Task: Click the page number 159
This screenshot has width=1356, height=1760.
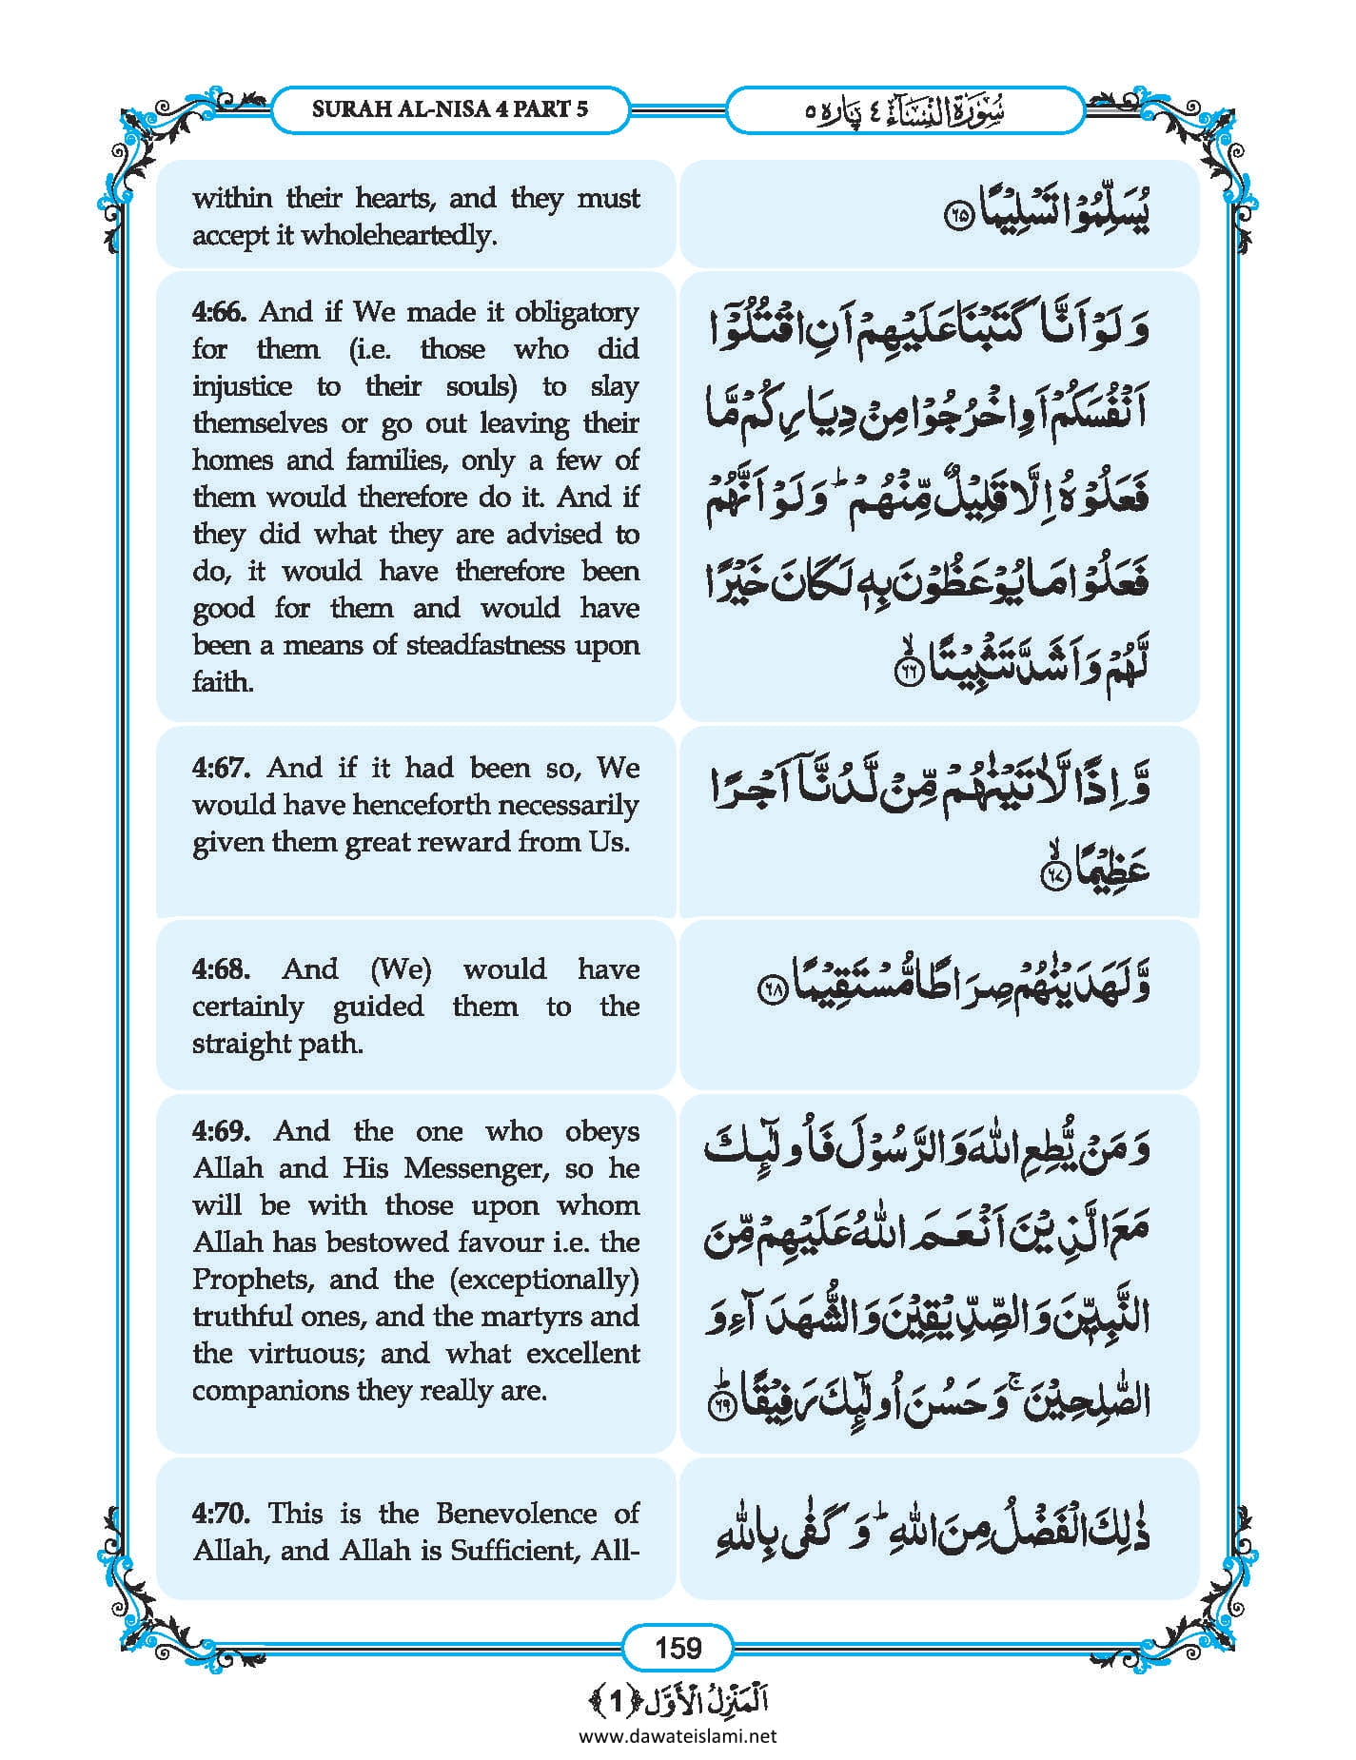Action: (678, 1647)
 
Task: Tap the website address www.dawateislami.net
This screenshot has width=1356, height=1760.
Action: (678, 1735)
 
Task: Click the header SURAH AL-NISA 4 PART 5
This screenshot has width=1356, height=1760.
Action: (450, 108)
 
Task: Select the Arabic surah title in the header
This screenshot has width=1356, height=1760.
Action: (904, 110)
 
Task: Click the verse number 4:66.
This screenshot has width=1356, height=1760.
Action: (220, 312)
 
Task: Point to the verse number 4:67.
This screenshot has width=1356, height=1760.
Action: (221, 768)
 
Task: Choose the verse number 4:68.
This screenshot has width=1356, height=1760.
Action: (221, 969)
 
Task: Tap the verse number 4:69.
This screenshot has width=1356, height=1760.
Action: (221, 1131)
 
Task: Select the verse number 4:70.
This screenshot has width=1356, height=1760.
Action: (221, 1514)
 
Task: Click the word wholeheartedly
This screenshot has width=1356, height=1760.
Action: (399, 235)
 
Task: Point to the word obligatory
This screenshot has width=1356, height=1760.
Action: (577, 312)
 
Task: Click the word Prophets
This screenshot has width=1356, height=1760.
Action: (252, 1280)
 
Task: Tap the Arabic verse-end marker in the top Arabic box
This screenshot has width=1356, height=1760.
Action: (957, 216)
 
